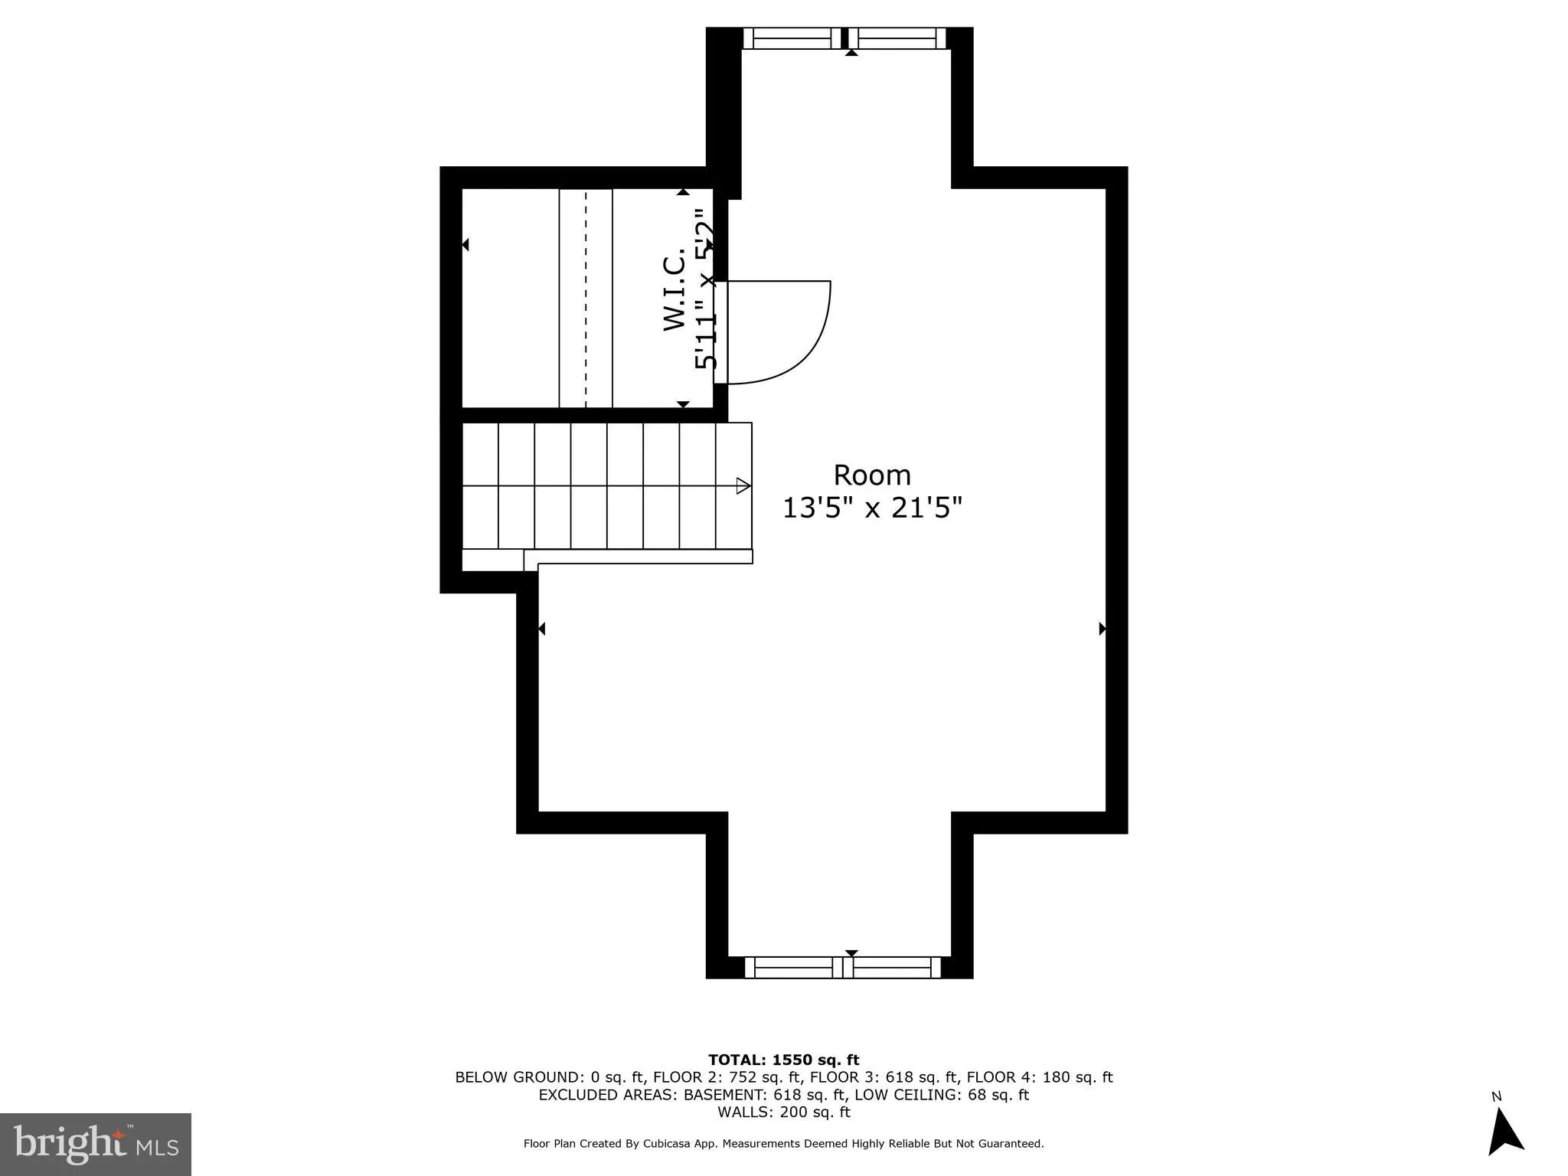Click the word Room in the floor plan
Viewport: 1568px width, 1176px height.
point(871,475)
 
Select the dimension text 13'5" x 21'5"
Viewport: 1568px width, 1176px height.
point(871,508)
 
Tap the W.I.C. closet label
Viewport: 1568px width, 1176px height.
point(674,293)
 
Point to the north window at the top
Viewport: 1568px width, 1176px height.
point(844,38)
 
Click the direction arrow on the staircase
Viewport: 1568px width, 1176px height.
point(743,485)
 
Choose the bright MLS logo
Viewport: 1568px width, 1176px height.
point(95,1144)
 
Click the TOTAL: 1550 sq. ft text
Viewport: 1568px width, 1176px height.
point(783,1060)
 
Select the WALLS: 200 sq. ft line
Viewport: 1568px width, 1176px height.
point(783,1112)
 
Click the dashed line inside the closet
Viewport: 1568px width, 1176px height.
point(586,299)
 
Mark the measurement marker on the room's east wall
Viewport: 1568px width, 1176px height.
point(1102,629)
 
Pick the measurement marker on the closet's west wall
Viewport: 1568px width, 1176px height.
point(465,245)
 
